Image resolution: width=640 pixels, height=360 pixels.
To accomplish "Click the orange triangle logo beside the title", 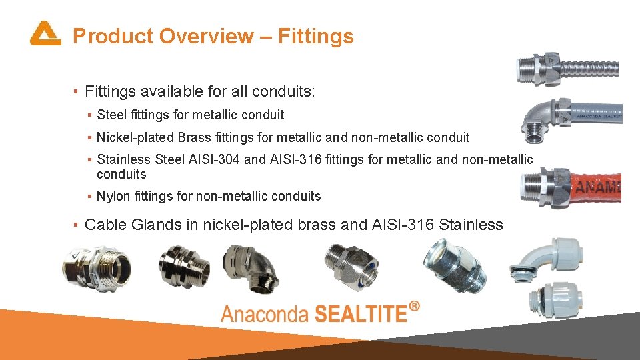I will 45,33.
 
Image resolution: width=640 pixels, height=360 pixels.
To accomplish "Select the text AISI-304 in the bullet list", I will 214,159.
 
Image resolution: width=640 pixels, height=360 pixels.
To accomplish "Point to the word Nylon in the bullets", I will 113,196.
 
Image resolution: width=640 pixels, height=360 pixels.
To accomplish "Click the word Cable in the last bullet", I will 105,225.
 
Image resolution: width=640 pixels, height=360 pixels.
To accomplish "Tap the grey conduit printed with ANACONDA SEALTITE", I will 597,113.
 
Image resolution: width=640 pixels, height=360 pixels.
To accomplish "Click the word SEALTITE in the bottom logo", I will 359,312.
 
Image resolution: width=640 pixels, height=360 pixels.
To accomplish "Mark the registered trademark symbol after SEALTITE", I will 415,306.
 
